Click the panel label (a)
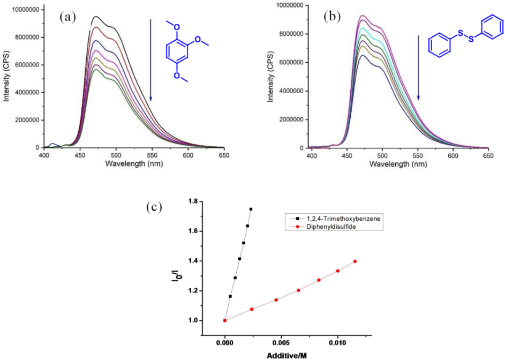click(x=67, y=17)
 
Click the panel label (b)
click(x=332, y=17)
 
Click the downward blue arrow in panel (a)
click(x=151, y=59)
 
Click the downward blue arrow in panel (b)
click(x=418, y=67)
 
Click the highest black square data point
click(x=251, y=209)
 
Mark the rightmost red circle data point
click(x=355, y=261)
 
